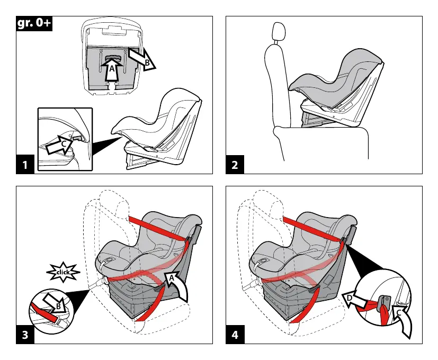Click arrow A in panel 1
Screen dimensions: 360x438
pos(111,71)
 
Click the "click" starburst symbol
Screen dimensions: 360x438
pos(63,272)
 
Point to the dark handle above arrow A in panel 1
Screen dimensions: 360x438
pos(112,59)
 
